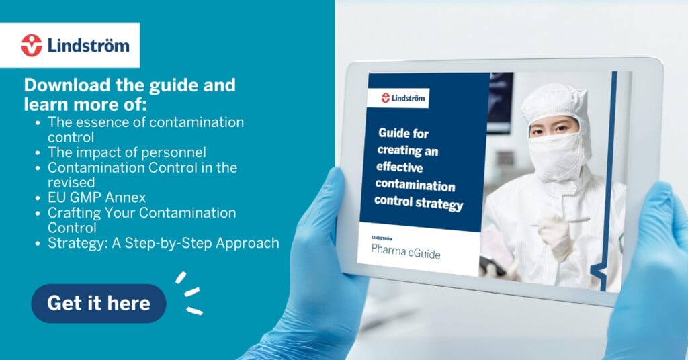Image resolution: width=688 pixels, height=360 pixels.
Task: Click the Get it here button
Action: tap(99, 304)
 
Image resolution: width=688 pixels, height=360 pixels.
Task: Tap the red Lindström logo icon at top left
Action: tap(32, 45)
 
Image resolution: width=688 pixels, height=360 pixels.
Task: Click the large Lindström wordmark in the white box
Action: tap(88, 46)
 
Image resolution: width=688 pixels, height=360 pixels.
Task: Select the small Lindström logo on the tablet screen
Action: tap(403, 98)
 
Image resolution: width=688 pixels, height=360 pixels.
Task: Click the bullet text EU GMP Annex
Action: tap(97, 197)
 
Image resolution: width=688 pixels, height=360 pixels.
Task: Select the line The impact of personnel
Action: tap(127, 152)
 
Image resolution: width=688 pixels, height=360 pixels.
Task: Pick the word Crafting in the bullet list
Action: tap(74, 213)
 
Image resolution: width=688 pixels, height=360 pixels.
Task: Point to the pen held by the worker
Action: tap(561, 222)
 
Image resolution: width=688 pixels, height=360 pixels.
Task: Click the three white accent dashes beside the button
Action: tap(189, 292)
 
